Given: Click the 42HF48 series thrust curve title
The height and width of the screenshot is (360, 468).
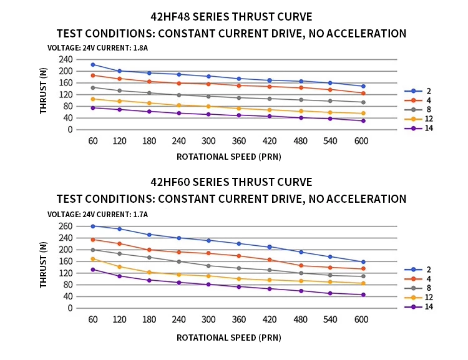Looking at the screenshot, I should [232, 17].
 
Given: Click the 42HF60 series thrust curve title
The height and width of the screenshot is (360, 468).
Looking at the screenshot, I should [232, 182].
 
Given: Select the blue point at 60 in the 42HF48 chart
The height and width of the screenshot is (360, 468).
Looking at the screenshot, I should [93, 64].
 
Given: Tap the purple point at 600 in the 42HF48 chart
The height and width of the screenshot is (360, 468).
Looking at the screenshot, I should [363, 120].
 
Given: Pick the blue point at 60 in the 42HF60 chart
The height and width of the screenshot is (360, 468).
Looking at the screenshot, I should [93, 226].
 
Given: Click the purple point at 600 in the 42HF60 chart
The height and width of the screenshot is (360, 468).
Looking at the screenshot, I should [363, 294].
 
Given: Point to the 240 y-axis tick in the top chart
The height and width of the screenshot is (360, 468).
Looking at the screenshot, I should [66, 59].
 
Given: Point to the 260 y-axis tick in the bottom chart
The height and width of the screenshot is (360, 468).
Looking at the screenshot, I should [66, 226].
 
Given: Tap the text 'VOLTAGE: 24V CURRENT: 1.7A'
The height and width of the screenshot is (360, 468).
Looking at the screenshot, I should [97, 214].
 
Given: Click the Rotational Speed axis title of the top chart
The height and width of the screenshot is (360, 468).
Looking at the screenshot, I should [228, 157].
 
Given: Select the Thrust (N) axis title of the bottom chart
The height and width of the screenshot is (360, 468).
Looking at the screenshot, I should [44, 265].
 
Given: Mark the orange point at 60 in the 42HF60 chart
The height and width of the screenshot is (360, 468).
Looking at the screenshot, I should [93, 259].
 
